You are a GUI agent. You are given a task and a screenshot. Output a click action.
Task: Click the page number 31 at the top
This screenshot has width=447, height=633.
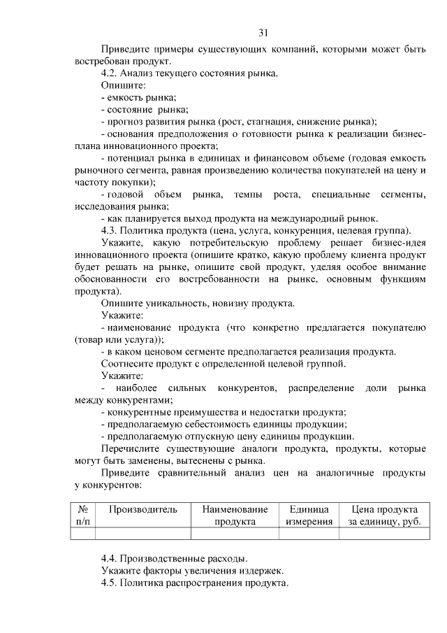point(263,32)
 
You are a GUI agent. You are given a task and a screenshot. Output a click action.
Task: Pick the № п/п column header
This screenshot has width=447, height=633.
point(82,515)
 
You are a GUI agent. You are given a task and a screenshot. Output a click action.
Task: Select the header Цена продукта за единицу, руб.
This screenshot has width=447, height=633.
point(384,515)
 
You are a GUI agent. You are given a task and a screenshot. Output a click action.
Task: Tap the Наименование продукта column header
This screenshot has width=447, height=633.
point(235,515)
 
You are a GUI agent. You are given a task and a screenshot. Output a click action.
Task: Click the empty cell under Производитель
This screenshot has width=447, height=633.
point(142,534)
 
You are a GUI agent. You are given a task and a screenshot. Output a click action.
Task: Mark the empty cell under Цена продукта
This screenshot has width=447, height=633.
point(384,534)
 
